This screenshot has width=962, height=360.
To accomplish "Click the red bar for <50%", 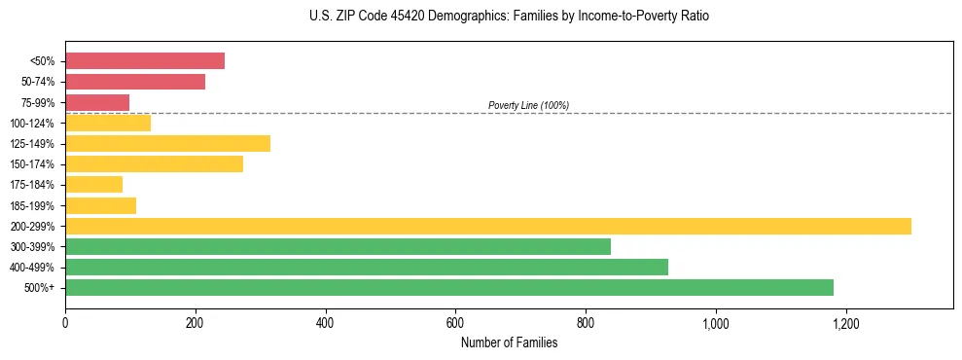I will [145, 61].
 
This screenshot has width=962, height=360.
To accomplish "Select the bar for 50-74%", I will [135, 82].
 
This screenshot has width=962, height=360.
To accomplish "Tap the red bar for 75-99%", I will [97, 102].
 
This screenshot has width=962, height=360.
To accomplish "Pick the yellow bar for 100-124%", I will [108, 123].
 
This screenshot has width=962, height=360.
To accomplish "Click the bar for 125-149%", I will [167, 144].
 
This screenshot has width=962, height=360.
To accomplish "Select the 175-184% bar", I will [93, 185].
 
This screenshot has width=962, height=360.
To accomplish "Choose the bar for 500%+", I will [449, 287].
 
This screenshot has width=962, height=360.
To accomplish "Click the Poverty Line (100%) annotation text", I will [528, 105].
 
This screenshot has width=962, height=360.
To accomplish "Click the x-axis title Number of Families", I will [509, 342].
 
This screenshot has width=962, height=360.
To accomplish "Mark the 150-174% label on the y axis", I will [32, 164].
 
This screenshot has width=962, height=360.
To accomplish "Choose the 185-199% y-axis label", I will [32, 205].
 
